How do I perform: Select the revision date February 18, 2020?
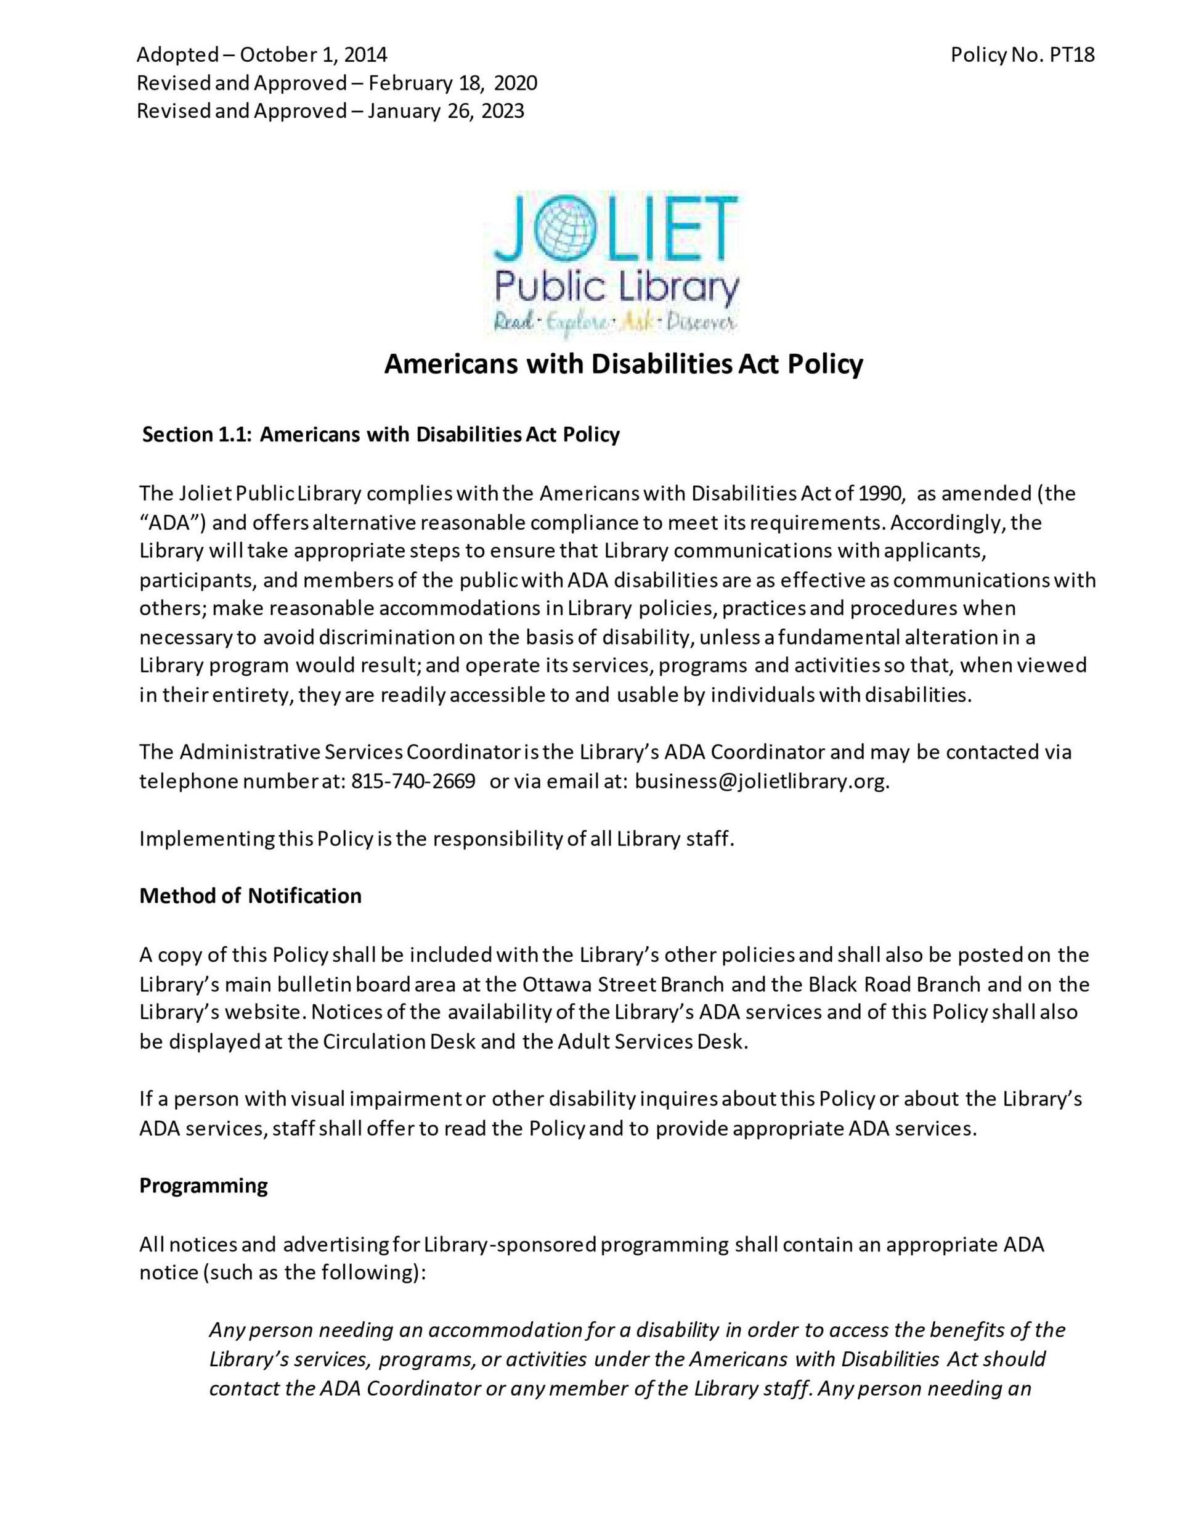(x=452, y=83)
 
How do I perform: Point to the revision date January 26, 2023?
(x=445, y=112)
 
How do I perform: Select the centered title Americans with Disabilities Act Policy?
(x=624, y=364)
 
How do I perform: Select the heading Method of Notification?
(x=250, y=896)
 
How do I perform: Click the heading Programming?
(x=203, y=1186)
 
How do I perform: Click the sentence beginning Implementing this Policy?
(x=436, y=839)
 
